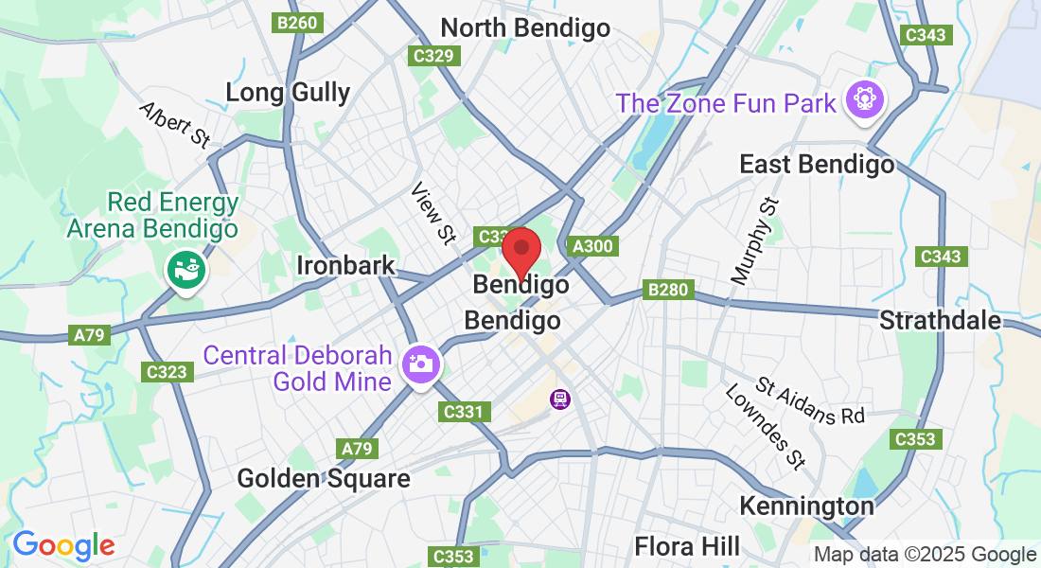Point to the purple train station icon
(x=560, y=399)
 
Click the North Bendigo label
(x=525, y=28)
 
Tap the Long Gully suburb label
(x=288, y=93)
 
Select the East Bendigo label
(x=817, y=165)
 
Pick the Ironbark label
(x=345, y=265)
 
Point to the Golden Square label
(x=324, y=478)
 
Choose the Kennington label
(x=806, y=506)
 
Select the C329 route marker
(x=434, y=56)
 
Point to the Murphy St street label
(x=754, y=240)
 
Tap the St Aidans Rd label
(x=797, y=401)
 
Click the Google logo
(x=63, y=545)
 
